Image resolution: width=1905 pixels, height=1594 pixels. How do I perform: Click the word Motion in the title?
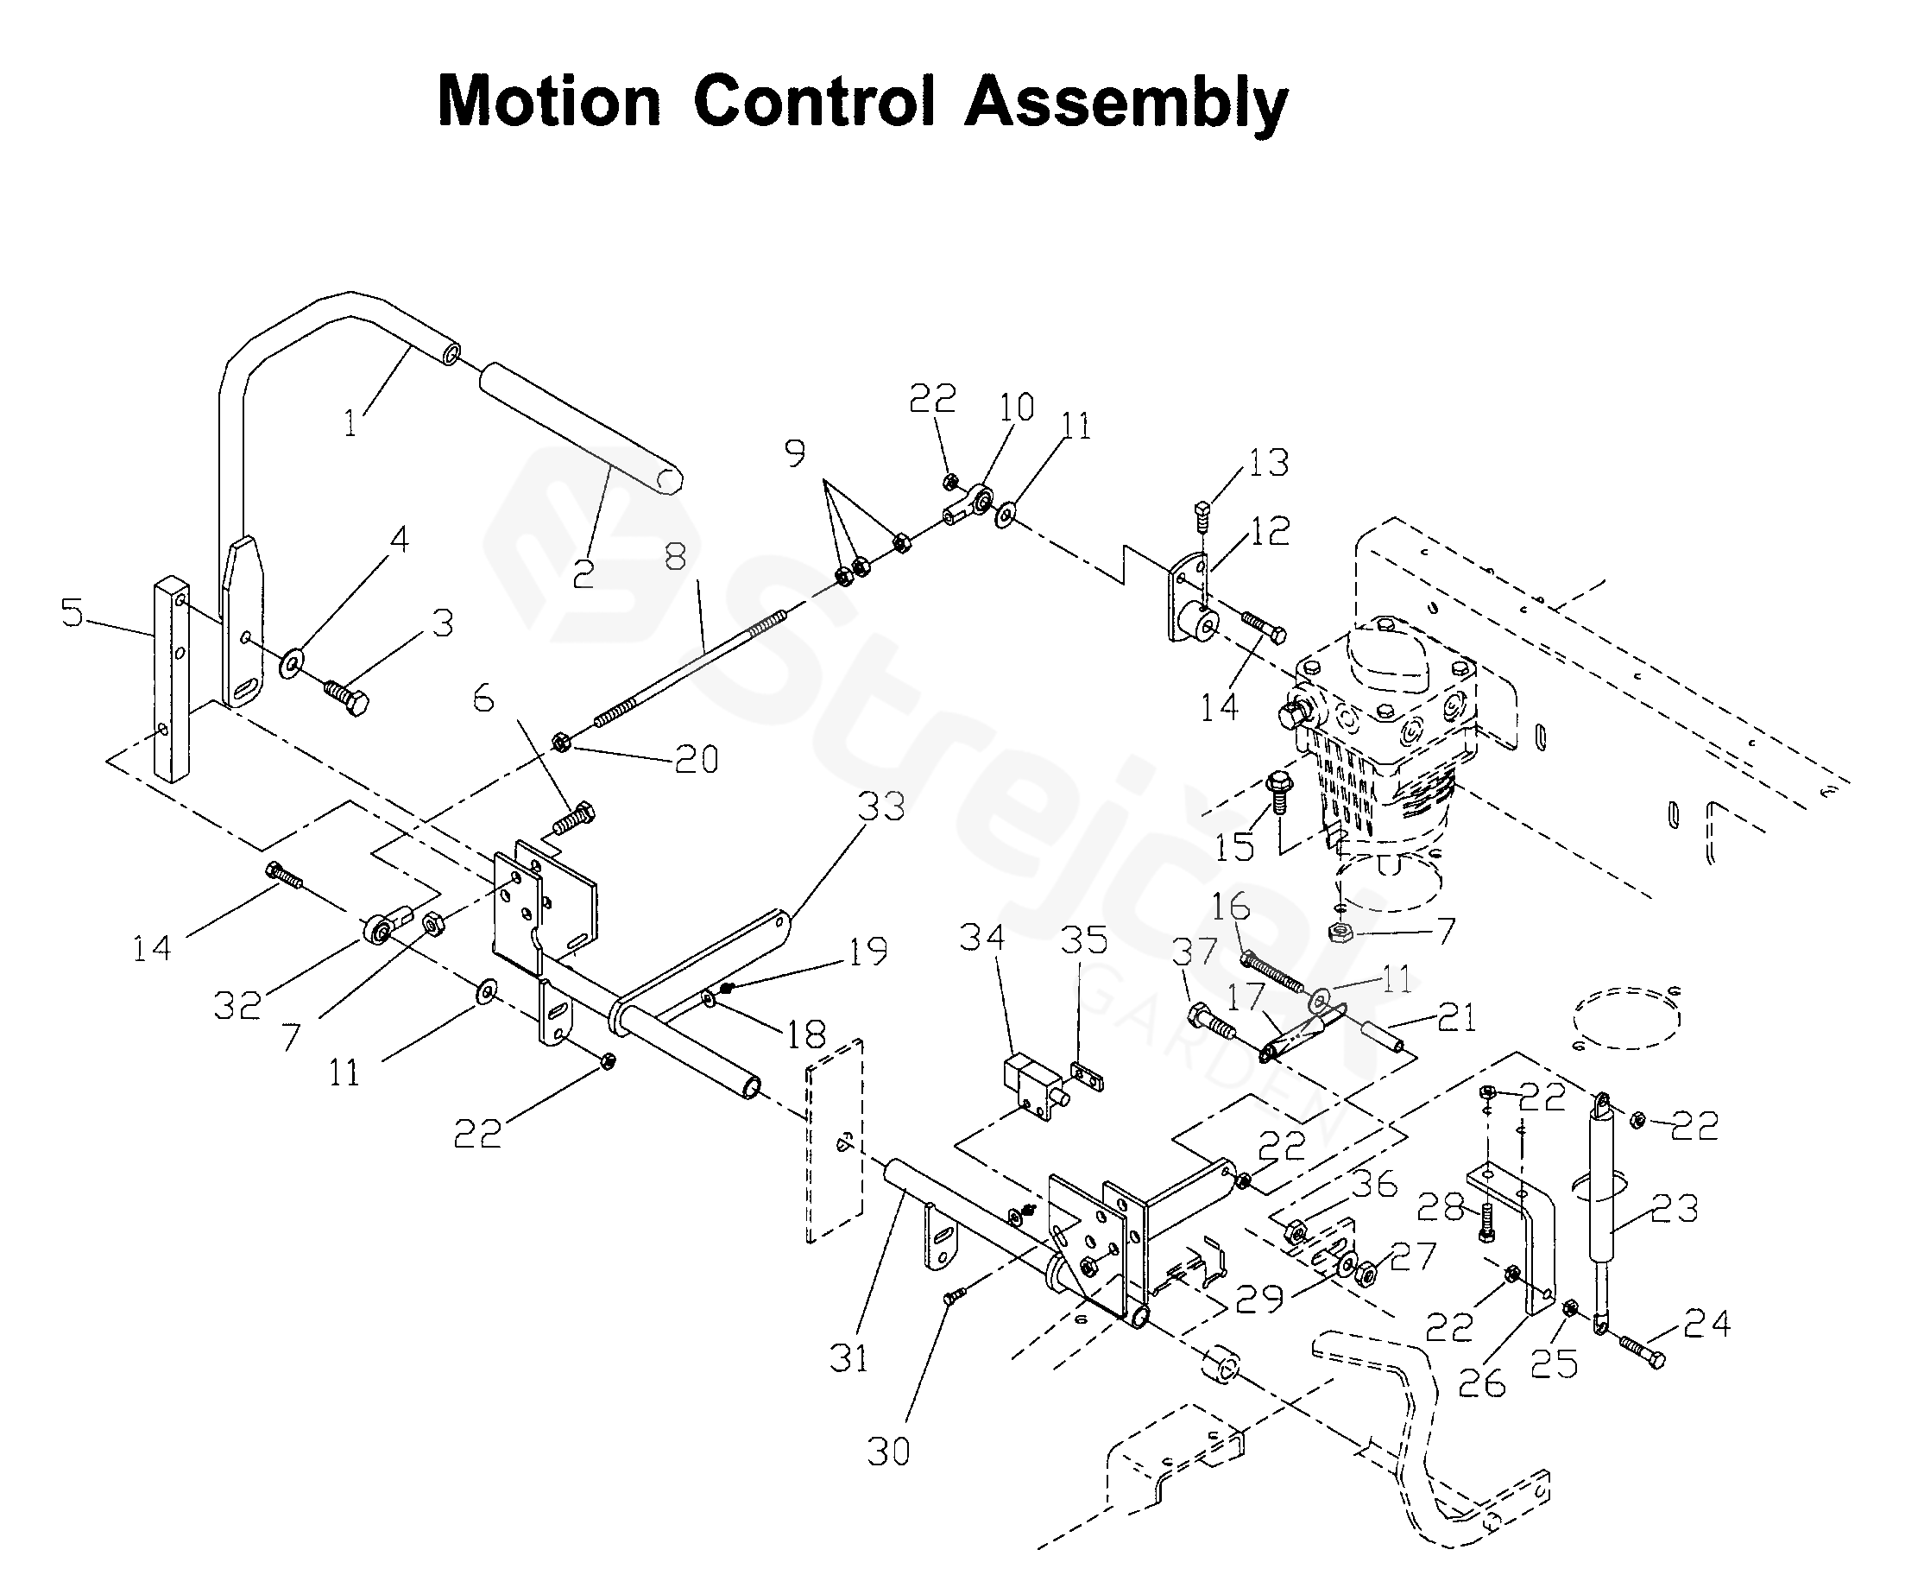point(549,102)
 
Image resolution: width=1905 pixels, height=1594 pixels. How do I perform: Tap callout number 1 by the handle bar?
point(351,424)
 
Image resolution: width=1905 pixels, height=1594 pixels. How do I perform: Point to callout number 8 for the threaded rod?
point(675,557)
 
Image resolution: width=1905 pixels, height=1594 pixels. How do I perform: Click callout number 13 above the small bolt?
point(1268,463)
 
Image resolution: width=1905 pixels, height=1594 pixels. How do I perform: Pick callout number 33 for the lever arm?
point(880,806)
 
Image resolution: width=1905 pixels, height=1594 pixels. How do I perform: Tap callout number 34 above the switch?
point(982,938)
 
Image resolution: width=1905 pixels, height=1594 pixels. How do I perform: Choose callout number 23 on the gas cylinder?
point(1674,1208)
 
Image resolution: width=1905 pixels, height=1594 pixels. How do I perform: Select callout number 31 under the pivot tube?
point(848,1358)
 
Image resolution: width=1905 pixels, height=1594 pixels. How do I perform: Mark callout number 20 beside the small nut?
point(697,759)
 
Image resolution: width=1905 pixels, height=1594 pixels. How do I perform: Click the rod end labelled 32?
point(380,927)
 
